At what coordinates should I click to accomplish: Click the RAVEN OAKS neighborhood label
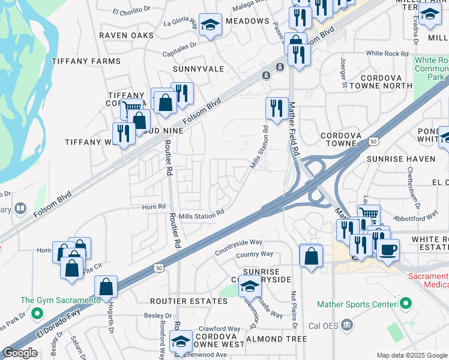click(127, 35)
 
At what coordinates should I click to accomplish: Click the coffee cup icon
click(388, 249)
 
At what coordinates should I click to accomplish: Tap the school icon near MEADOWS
click(209, 25)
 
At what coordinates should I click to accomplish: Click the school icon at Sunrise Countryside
click(250, 286)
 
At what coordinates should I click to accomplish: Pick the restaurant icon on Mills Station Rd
click(276, 108)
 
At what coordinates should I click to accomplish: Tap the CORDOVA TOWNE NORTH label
click(386, 82)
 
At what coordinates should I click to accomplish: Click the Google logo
click(20, 353)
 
